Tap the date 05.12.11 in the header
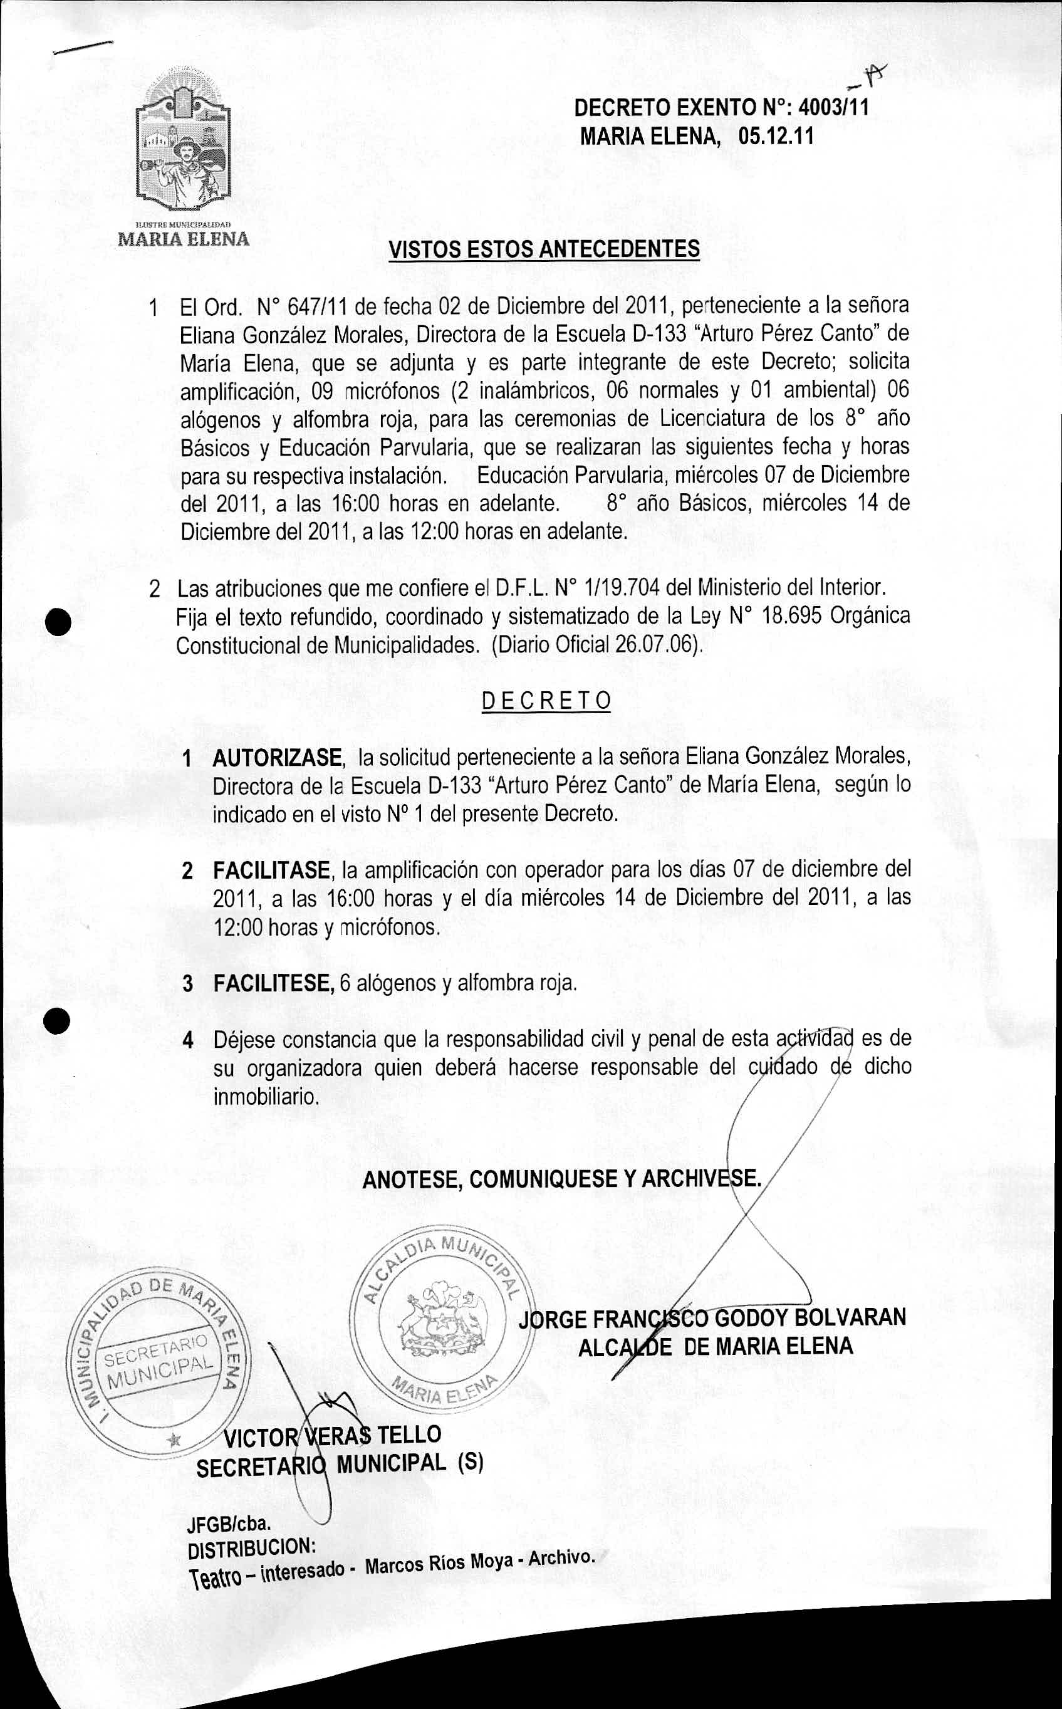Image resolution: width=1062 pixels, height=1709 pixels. point(776,135)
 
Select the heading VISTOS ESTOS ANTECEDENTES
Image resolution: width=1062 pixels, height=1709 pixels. point(544,249)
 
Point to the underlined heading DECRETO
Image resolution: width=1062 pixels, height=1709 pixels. point(546,701)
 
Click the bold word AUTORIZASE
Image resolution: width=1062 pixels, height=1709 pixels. point(278,758)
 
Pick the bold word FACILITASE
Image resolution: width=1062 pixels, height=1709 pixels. point(271,871)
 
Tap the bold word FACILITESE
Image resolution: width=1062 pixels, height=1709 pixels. point(273,983)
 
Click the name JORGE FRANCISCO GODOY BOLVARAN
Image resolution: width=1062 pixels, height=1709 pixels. point(712,1318)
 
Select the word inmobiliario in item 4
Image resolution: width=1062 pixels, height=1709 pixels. point(266,1097)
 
